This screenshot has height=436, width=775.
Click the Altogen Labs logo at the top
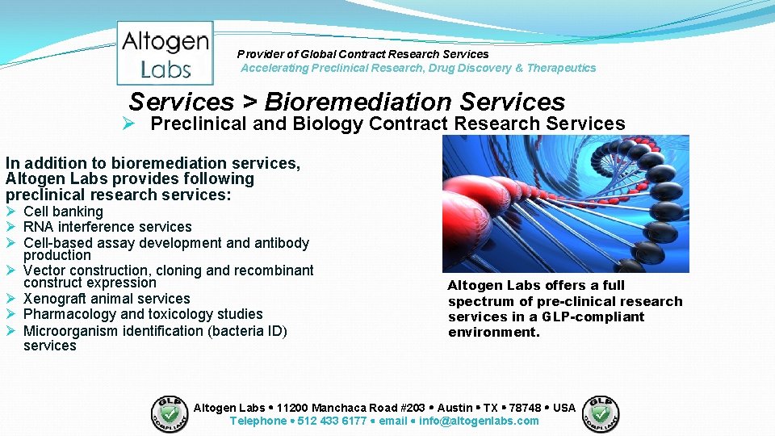(x=165, y=53)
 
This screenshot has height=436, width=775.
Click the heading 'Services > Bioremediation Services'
(x=346, y=102)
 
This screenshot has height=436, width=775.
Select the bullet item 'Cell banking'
(x=63, y=212)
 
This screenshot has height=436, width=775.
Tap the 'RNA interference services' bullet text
(x=107, y=227)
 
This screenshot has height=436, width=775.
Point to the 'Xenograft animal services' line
(x=107, y=299)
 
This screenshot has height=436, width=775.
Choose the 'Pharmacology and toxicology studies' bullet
(x=143, y=314)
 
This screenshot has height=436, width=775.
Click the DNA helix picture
(x=565, y=203)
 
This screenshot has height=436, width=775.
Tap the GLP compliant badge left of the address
(x=170, y=413)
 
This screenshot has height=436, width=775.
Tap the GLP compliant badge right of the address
(x=601, y=413)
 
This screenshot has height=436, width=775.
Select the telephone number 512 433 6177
(x=332, y=421)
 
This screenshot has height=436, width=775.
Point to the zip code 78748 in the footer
(x=525, y=408)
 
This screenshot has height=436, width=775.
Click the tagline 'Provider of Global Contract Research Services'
(x=362, y=54)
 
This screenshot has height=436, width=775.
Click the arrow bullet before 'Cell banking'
(x=11, y=212)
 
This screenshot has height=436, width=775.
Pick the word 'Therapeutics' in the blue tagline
(x=561, y=68)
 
